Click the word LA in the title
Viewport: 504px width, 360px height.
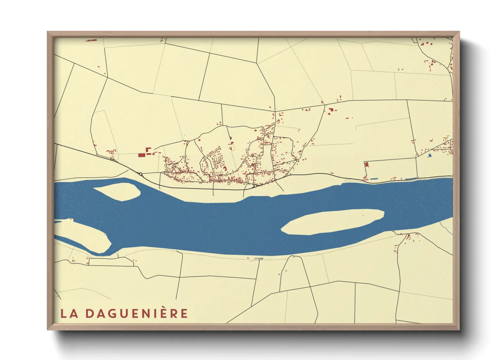[x=69, y=313]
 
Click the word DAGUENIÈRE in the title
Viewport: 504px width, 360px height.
[x=137, y=313]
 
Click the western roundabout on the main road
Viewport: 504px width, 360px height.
[x=141, y=174]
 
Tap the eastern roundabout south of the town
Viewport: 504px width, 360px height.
[x=255, y=186]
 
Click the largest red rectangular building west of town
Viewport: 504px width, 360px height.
[x=142, y=155]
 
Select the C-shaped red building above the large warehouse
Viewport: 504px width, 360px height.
[x=148, y=150]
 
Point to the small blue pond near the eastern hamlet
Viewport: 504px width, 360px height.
[x=430, y=155]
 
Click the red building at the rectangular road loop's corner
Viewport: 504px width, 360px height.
[x=367, y=164]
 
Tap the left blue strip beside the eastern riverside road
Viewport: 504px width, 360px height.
[x=374, y=179]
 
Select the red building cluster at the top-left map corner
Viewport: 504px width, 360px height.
[x=91, y=40]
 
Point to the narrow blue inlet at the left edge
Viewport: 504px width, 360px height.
[x=58, y=222]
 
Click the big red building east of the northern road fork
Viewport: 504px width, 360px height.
[x=331, y=110]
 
